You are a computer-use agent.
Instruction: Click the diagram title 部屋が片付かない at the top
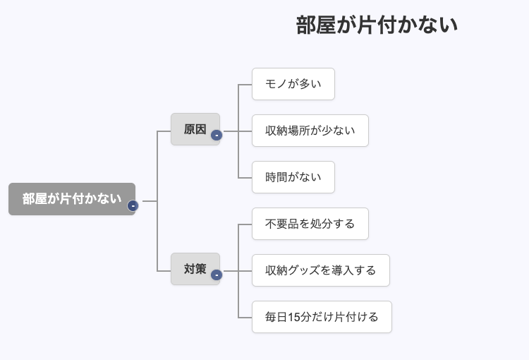pos(377,25)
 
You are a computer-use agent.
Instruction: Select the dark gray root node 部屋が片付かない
pos(71,199)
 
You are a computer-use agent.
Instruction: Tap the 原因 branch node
pos(195,129)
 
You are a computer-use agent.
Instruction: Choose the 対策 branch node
pos(195,269)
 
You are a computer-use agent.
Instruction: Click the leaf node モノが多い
pos(293,84)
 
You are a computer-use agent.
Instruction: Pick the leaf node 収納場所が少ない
pos(310,131)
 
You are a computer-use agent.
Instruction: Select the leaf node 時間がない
pos(293,177)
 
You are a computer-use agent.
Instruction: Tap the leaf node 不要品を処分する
pos(310,224)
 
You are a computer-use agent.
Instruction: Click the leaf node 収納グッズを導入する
pos(320,270)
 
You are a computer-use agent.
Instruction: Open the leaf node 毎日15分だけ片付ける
pos(321,317)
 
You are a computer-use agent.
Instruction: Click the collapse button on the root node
pos(133,206)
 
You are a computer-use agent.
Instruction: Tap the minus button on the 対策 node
pos(217,275)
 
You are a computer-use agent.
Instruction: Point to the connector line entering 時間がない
pos(245,177)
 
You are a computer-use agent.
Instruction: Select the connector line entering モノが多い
pos(245,84)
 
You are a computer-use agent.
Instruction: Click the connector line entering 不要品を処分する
pos(245,224)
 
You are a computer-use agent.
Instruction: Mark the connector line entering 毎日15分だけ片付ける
pos(245,317)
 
